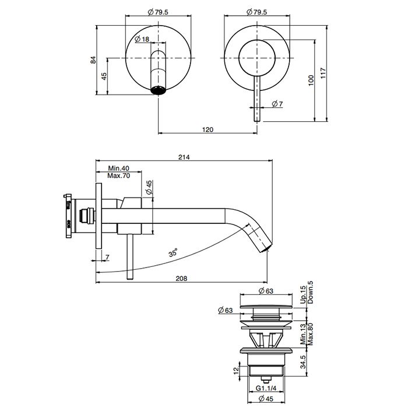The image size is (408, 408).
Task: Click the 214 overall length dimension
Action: click(185, 156)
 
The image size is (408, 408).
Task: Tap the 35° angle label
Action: click(173, 253)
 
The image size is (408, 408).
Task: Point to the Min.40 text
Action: click(118, 168)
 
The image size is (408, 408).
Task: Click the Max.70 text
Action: click(118, 175)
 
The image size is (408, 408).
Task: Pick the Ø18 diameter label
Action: click(142, 39)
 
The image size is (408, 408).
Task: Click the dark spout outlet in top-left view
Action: click(159, 90)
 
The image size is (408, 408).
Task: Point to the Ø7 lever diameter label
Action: click(277, 104)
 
